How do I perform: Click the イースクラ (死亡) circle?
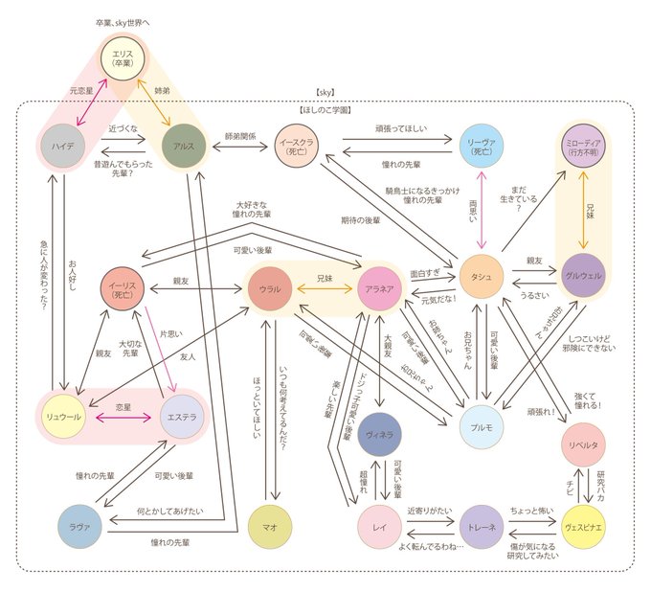[x=297, y=147]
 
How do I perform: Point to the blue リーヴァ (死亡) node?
[x=480, y=147]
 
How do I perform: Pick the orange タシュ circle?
[x=480, y=276]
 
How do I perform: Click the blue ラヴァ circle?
[x=79, y=524]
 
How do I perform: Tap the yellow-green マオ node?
[x=271, y=524]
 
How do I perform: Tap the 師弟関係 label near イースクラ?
[x=241, y=137]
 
